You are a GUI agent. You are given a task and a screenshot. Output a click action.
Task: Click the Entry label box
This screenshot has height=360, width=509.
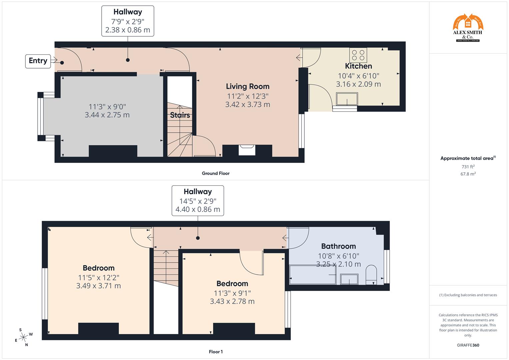point(38,61)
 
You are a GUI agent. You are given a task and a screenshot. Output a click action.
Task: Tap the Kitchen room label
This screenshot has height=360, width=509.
point(358,66)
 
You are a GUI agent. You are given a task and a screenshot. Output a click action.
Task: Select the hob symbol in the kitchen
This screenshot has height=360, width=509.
point(358,55)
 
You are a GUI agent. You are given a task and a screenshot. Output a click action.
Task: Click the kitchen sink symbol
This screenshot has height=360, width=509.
point(347,99)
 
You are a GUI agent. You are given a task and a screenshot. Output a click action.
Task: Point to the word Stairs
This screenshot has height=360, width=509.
point(180,115)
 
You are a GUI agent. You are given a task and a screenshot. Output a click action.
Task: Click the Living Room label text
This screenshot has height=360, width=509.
point(248,86)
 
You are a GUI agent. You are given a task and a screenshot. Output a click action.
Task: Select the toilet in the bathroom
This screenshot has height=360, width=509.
point(371,275)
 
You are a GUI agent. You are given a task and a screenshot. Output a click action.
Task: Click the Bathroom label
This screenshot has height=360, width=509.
point(338,246)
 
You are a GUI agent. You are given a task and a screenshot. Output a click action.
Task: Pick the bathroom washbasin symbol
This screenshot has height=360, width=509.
point(349,279)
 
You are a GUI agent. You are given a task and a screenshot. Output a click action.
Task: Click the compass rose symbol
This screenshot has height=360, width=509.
point(23,337)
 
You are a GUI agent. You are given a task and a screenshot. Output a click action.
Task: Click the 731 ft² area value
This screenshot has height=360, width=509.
point(468,167)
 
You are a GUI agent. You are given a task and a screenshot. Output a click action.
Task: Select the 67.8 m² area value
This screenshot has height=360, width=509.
point(468,174)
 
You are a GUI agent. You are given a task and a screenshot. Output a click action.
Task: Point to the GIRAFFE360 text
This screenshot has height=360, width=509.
point(468,345)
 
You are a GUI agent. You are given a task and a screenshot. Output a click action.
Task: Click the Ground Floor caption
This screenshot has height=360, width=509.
point(216,173)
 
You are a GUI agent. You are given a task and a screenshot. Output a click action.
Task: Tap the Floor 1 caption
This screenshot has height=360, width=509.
point(216,352)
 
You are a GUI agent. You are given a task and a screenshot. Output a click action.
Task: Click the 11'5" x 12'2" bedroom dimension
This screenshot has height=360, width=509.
point(99,277)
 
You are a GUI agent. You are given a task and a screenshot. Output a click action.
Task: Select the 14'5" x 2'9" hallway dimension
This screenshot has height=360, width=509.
point(198,201)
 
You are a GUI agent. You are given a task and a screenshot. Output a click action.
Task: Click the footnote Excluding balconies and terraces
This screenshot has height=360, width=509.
point(468,295)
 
